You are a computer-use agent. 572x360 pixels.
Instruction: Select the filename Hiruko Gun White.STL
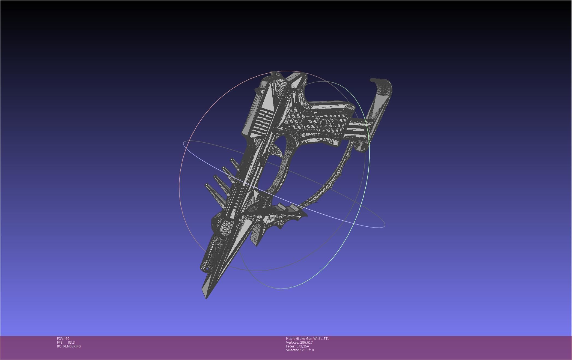pos(312,338)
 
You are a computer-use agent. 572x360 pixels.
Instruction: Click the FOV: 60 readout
pos(63,338)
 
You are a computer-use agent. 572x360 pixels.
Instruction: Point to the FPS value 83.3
pos(71,342)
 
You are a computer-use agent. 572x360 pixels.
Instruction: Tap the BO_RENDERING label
pos(69,346)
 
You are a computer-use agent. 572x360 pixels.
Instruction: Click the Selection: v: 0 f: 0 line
pos(300,350)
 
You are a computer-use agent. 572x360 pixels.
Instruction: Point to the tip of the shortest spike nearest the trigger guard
pos(232,160)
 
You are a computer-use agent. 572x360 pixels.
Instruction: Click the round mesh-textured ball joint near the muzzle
pos(226,226)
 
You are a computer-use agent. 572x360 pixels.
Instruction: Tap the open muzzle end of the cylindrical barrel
pos(206,269)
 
